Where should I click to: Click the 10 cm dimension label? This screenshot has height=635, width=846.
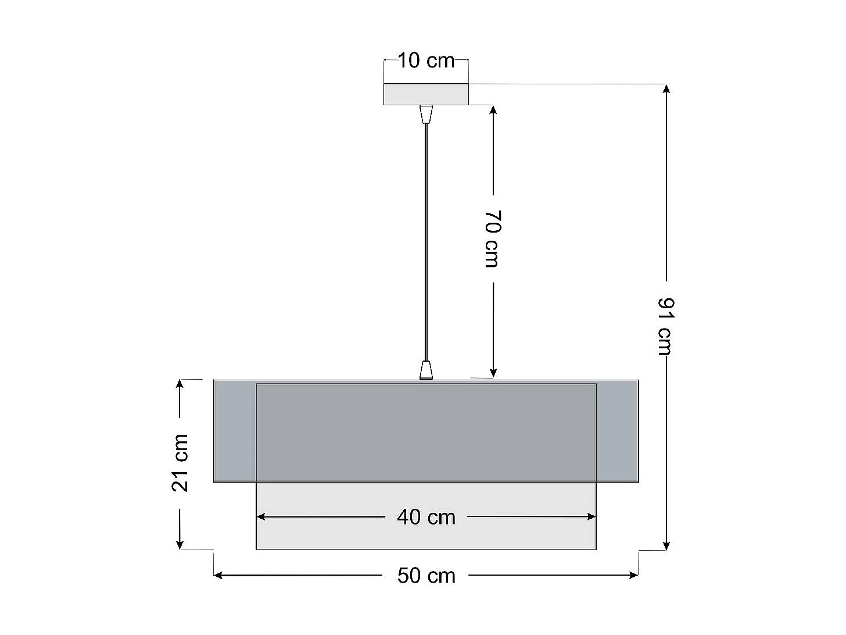click(426, 60)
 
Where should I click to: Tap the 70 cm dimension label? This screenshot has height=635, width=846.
click(492, 238)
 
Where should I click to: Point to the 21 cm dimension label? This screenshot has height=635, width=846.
click(181, 463)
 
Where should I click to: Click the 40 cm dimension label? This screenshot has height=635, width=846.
click(426, 517)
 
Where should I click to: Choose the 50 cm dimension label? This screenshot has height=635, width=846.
click(426, 576)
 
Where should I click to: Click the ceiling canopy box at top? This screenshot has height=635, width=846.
click(426, 94)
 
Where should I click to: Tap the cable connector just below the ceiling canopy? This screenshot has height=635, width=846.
click(426, 114)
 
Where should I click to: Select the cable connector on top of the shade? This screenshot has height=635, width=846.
click(426, 370)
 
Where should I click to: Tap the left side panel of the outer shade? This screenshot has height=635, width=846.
click(235, 431)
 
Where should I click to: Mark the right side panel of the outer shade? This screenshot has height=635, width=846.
click(617, 431)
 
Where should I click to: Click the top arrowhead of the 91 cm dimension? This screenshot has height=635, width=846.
click(666, 89)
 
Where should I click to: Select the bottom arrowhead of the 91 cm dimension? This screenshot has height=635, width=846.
click(666, 545)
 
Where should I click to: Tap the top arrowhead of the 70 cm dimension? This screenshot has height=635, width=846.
click(493, 110)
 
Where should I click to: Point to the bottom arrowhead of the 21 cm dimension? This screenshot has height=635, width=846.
click(180, 544)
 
